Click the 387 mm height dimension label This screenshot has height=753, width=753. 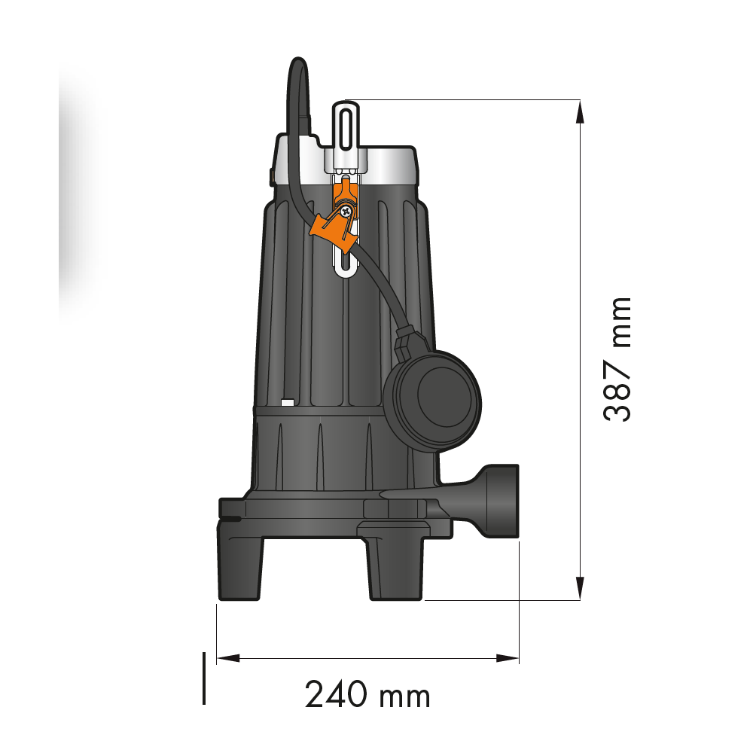[617, 360]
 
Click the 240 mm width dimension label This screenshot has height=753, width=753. [367, 694]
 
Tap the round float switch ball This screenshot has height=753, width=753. [433, 401]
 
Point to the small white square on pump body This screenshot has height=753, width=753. [287, 402]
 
